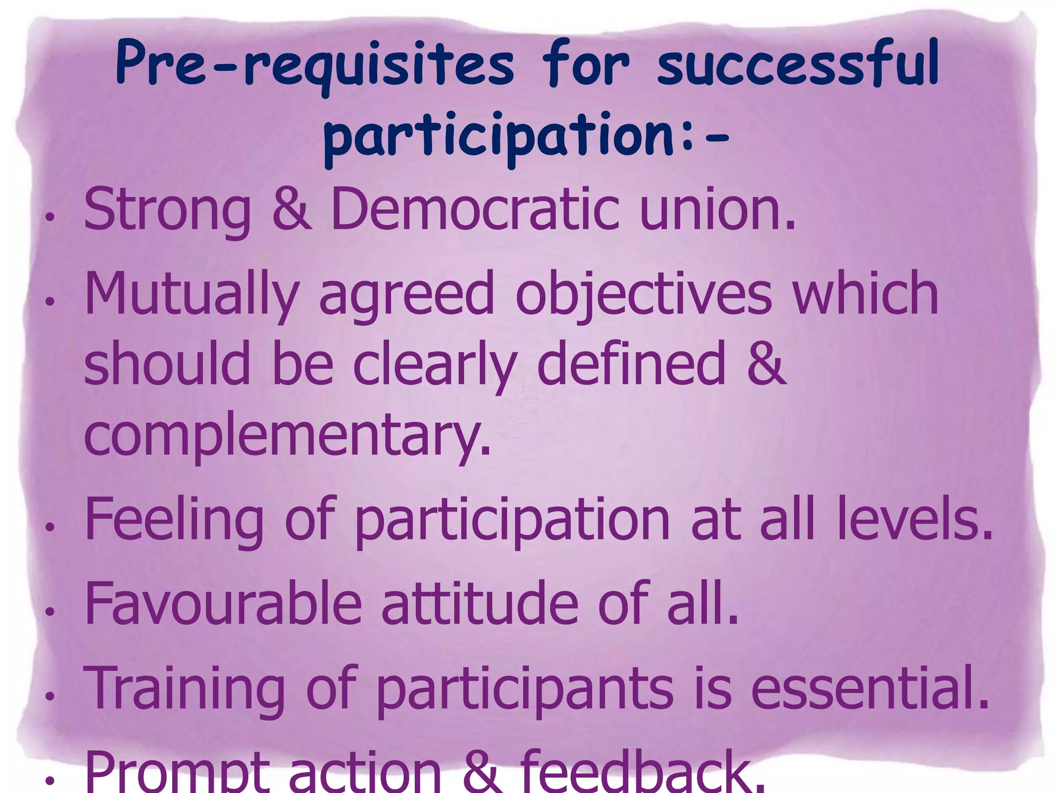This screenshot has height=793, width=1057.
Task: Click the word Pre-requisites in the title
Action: tap(315, 65)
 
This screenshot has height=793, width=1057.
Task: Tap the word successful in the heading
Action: tap(798, 65)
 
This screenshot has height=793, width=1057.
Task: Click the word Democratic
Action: tap(475, 209)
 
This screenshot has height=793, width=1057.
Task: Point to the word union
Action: tap(717, 209)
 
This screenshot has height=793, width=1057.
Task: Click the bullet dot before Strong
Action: tap(50, 217)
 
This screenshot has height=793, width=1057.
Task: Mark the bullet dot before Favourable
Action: tap(50, 612)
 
